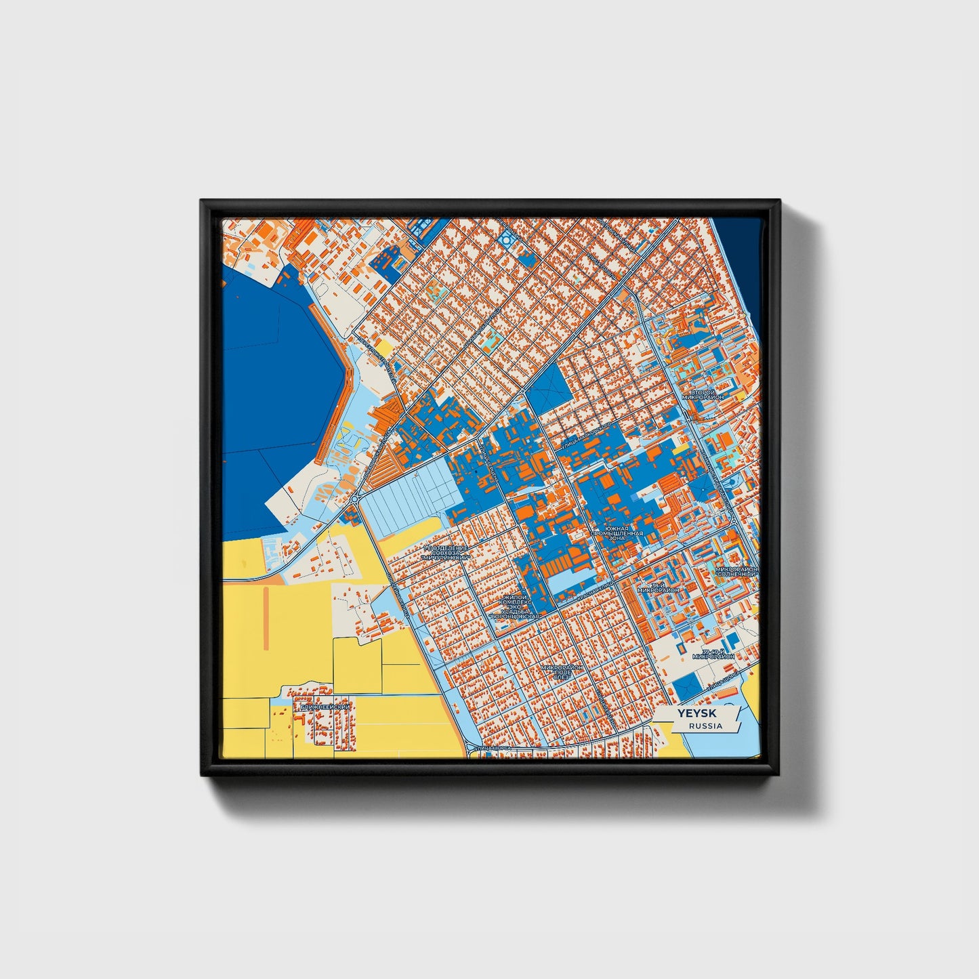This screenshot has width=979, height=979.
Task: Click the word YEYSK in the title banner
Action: tap(698, 713)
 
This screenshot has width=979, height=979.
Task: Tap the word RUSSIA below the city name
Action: tap(705, 726)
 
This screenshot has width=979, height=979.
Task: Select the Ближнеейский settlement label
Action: tap(326, 707)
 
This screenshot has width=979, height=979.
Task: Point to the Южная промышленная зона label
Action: tap(617, 533)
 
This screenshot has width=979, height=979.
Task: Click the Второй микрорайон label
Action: tap(703, 394)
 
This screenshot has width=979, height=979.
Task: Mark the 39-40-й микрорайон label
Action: tap(713, 654)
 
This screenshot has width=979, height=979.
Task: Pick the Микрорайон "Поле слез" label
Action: tap(562, 672)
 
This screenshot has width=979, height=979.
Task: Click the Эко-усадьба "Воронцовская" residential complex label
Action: tap(518, 606)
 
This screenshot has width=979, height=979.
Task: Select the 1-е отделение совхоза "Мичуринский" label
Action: tap(445, 552)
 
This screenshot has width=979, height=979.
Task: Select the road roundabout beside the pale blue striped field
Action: tap(354, 499)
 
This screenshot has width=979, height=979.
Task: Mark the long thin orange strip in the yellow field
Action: tap(266, 617)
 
